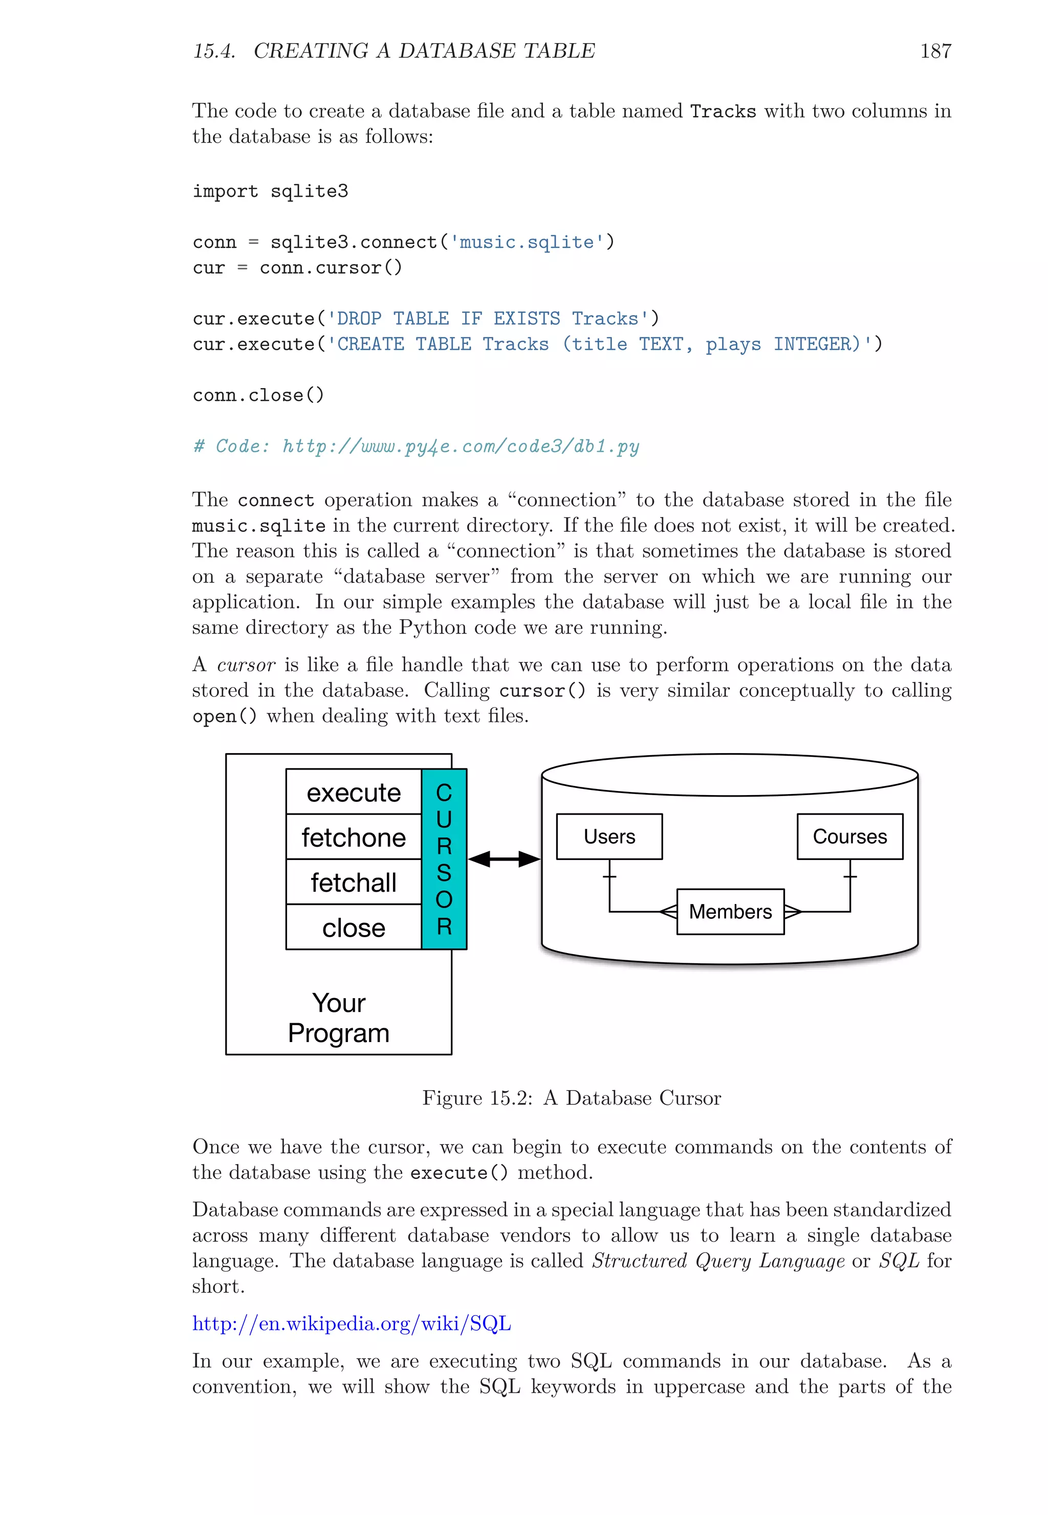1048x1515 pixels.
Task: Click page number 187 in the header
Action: tap(935, 51)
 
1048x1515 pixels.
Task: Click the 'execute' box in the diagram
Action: tap(353, 793)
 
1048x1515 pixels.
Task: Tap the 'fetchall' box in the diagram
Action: tap(353, 883)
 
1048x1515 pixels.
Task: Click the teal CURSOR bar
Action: tap(444, 859)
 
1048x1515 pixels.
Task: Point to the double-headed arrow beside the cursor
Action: tap(504, 859)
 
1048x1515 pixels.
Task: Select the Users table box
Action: tap(609, 836)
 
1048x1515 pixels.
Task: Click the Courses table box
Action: tap(849, 836)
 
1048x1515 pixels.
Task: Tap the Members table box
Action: tap(730, 911)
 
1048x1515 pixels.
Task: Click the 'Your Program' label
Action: tap(339, 1017)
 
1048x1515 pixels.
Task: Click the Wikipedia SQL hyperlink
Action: tap(352, 1323)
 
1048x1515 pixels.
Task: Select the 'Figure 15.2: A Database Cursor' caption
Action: tap(571, 1098)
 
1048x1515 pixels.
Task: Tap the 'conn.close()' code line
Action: tap(258, 395)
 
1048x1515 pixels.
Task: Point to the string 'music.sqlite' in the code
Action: tap(527, 242)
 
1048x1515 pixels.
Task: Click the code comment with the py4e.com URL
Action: tap(416, 446)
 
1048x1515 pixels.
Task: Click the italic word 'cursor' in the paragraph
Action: tap(246, 665)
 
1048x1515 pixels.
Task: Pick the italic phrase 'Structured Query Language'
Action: tap(718, 1260)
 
